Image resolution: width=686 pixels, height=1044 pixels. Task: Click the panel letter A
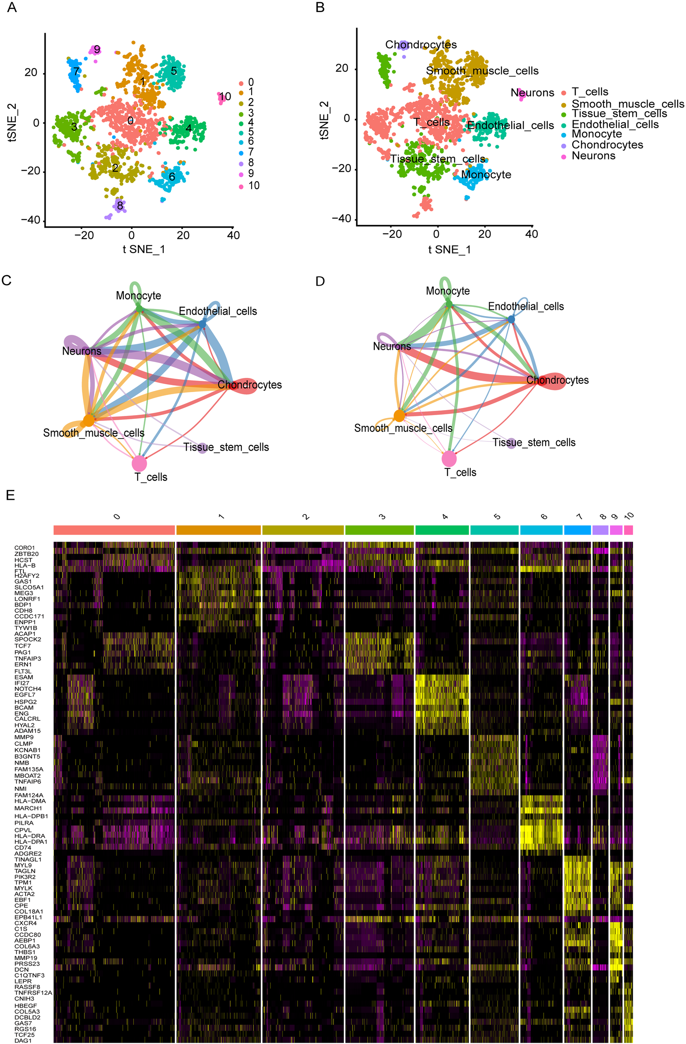click(12, 8)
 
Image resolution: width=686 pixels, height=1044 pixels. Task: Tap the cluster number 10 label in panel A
click(225, 97)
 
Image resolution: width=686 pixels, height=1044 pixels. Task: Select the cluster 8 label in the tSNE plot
click(120, 205)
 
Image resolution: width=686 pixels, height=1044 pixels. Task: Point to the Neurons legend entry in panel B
click(593, 156)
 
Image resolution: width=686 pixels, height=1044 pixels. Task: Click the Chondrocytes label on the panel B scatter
click(420, 45)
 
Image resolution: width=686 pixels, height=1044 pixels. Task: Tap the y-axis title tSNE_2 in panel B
click(324, 120)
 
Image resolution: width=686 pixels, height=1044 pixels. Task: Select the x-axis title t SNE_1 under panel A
click(144, 250)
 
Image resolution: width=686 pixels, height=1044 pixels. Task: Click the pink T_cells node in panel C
click(139, 463)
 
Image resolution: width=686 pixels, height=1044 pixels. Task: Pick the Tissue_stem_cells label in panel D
click(534, 442)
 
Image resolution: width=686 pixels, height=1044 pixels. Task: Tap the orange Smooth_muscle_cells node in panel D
click(399, 416)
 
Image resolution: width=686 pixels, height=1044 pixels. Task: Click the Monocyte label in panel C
click(138, 296)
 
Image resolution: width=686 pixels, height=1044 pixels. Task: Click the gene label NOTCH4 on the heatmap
click(28, 689)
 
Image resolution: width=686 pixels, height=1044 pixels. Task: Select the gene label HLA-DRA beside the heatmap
click(29, 836)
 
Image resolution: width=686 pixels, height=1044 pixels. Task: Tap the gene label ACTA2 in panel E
click(24, 894)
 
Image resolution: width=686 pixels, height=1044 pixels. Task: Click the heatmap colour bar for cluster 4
click(442, 530)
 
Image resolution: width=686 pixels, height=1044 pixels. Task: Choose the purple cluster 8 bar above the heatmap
click(600, 530)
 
